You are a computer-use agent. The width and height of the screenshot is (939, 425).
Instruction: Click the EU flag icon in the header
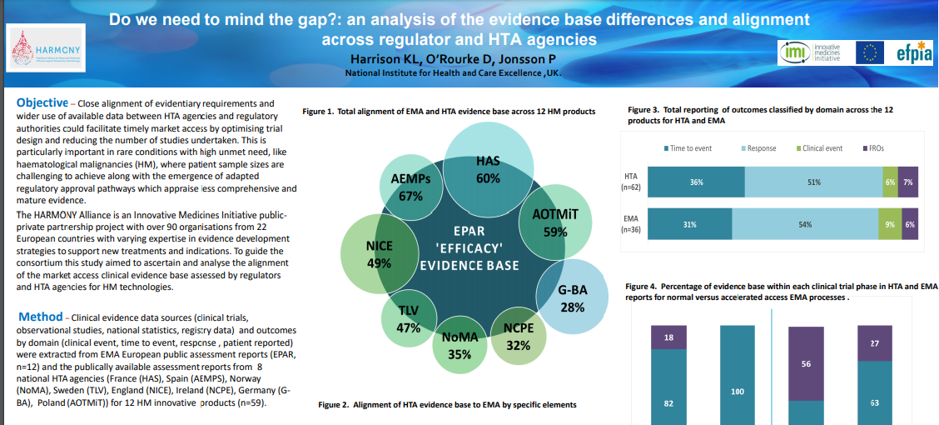tap(871, 53)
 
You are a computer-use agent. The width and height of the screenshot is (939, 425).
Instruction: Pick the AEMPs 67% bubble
tap(411, 187)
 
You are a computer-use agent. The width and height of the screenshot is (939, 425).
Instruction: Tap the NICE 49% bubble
tap(380, 254)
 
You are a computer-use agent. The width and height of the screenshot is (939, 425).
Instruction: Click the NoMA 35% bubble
tap(460, 345)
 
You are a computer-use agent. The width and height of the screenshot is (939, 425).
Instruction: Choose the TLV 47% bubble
tap(408, 318)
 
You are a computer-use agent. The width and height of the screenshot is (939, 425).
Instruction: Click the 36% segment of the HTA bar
tap(696, 182)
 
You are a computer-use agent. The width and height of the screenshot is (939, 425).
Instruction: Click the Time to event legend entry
tap(688, 148)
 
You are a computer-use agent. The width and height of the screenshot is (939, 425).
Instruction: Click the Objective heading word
tap(42, 102)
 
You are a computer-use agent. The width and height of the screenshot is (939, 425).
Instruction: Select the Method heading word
tap(40, 317)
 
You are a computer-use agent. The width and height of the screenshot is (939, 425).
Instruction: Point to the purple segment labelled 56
tap(805, 364)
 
